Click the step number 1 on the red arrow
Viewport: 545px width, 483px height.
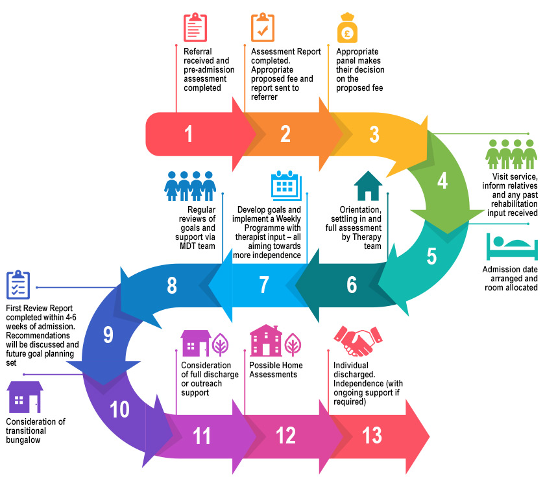pos(189,134)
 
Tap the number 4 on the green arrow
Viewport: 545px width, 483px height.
pos(442,182)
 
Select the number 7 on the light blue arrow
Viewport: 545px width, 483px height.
pos(263,285)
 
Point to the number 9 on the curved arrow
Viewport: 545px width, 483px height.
pos(108,335)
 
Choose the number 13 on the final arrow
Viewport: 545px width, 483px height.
pos(372,436)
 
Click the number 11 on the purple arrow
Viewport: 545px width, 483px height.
pos(202,436)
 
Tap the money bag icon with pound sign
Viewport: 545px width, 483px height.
pos(347,28)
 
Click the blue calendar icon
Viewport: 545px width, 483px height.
pos(285,186)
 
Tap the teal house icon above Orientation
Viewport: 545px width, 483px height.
pos(368,186)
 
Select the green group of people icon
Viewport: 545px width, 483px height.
pos(511,155)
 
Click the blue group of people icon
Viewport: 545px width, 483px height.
pos(190,186)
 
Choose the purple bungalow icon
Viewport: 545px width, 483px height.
pos(25,397)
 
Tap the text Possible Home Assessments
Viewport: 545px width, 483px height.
pos(276,370)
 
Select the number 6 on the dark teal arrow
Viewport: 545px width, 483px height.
pos(352,285)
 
